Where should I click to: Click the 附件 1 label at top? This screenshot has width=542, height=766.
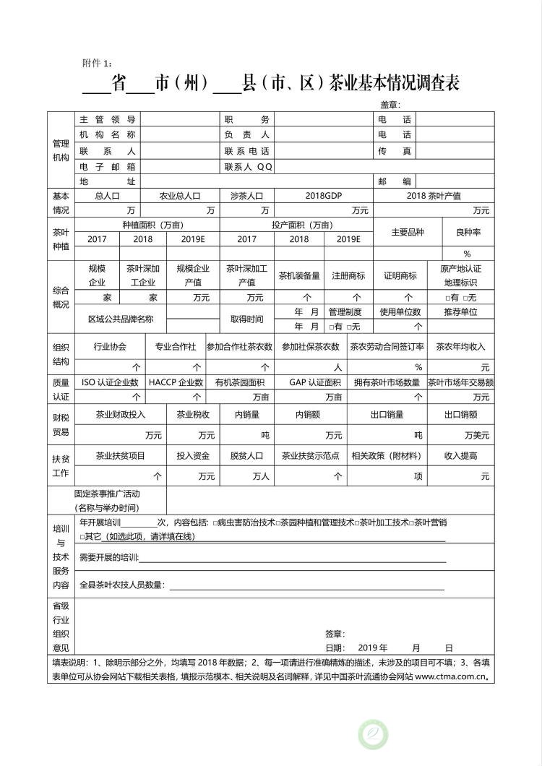pyautogui.click(x=98, y=63)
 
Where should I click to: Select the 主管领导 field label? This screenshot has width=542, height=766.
pyautogui.click(x=107, y=119)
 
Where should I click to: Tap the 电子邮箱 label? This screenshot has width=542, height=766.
pyautogui.click(x=107, y=166)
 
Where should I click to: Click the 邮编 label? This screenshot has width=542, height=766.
pyautogui.click(x=394, y=181)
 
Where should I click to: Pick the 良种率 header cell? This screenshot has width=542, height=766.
pyautogui.click(x=468, y=232)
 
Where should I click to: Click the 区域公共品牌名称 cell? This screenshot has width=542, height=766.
pyautogui.click(x=121, y=319)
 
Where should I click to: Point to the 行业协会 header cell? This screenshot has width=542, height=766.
pyautogui.click(x=110, y=346)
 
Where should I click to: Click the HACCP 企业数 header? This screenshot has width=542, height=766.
pyautogui.click(x=176, y=382)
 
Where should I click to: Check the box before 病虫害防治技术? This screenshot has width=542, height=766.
pyautogui.click(x=215, y=522)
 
